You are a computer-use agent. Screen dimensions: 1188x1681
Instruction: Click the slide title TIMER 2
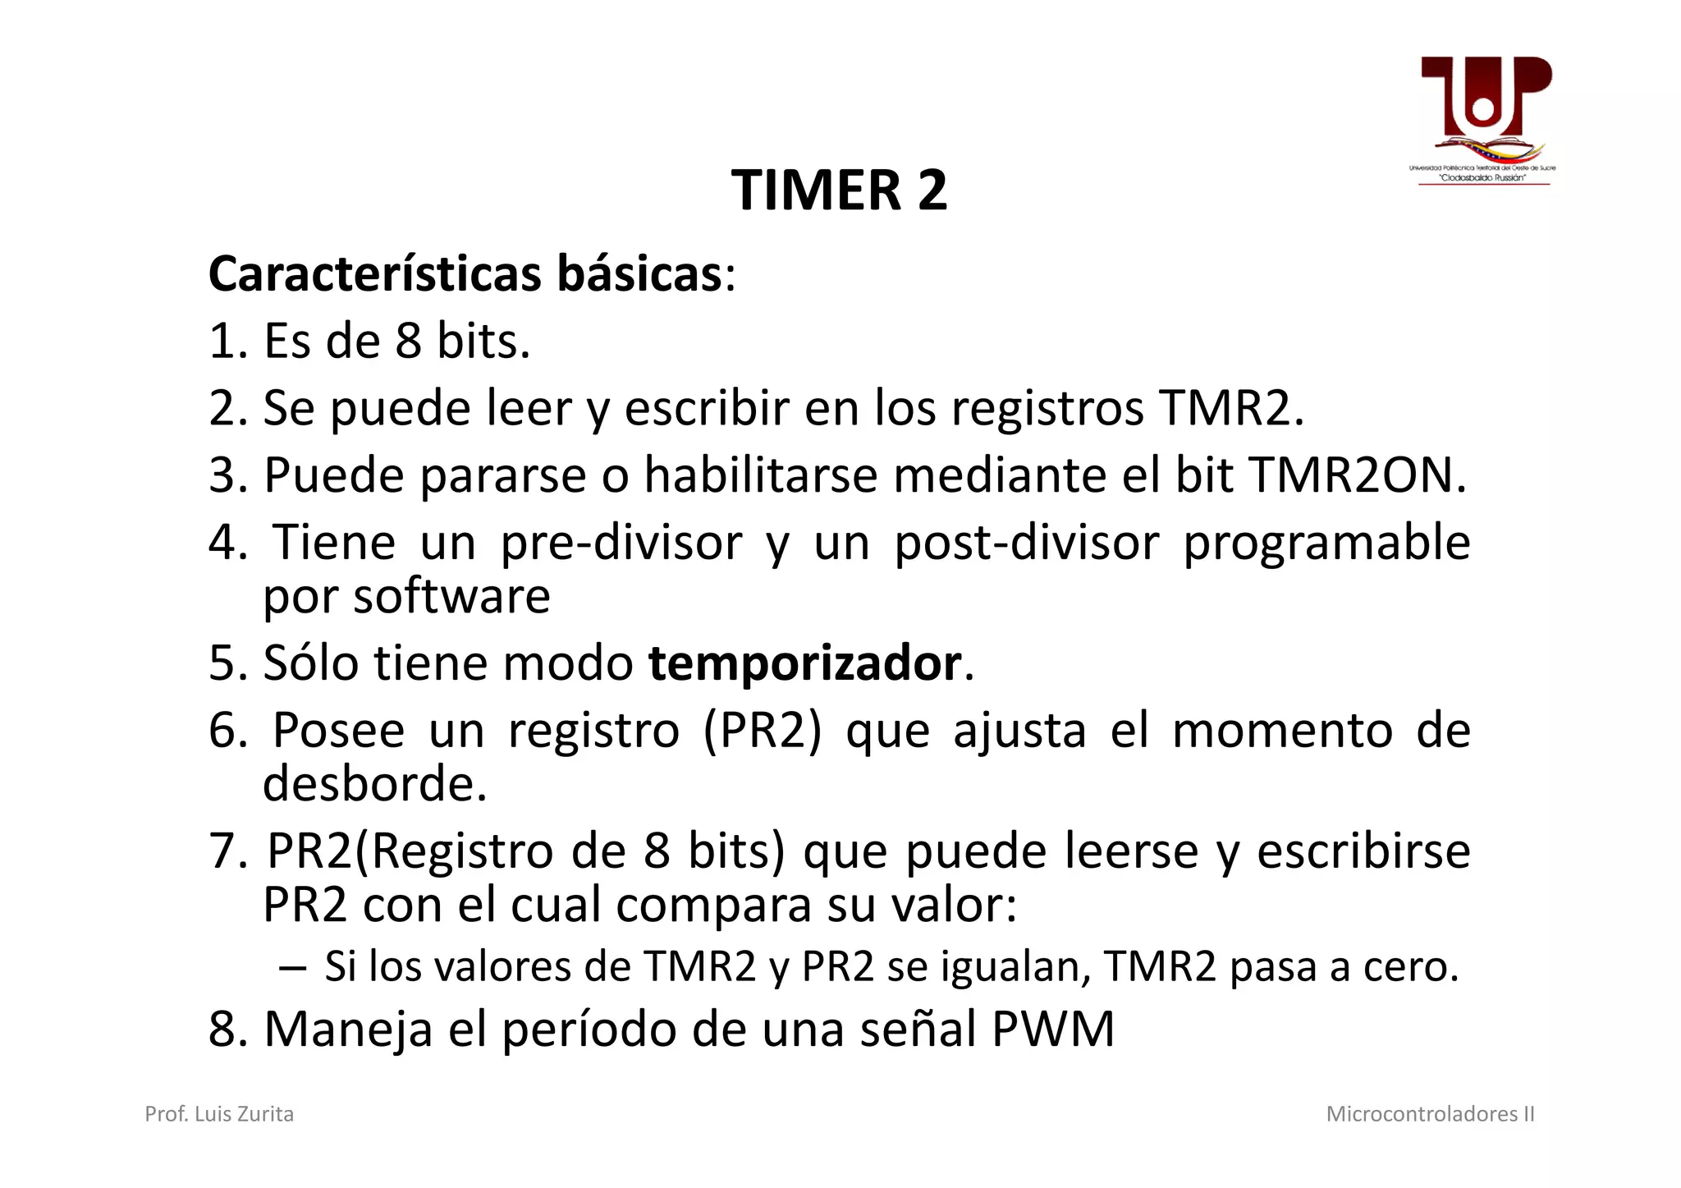(839, 190)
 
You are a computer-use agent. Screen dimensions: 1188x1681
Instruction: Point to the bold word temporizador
(804, 663)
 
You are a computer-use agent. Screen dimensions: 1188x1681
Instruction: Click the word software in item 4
(451, 596)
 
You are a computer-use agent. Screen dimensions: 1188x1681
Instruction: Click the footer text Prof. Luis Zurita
(219, 1114)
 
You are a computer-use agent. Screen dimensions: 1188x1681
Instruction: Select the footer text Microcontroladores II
(1430, 1114)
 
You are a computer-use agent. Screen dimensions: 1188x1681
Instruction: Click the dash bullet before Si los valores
(291, 967)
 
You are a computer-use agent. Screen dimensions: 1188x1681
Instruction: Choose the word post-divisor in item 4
(1026, 543)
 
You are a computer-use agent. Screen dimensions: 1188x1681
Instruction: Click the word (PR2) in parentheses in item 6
(762, 731)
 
